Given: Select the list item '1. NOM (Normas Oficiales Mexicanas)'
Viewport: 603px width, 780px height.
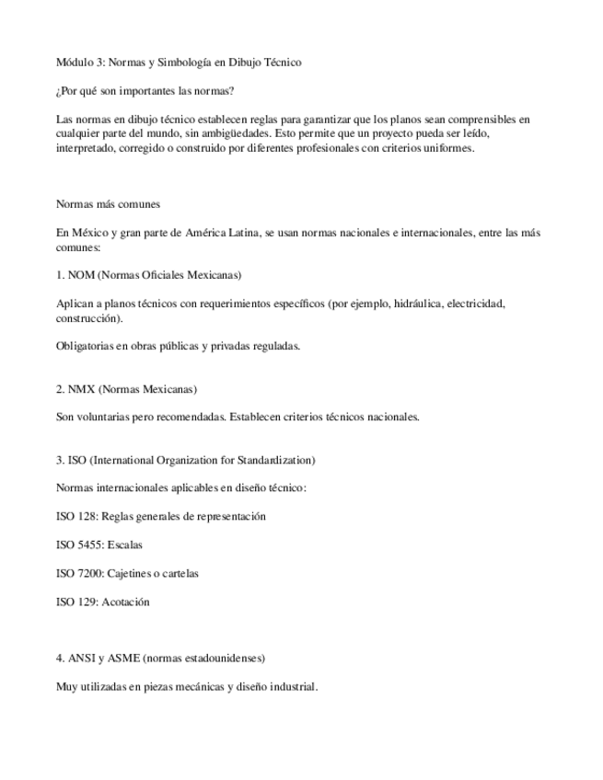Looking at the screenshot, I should [148, 275].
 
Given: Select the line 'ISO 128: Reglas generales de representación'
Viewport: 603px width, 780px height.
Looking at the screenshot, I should [160, 516].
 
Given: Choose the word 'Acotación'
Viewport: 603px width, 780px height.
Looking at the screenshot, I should [127, 602].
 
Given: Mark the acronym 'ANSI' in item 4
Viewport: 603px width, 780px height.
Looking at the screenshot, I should [81, 659].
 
